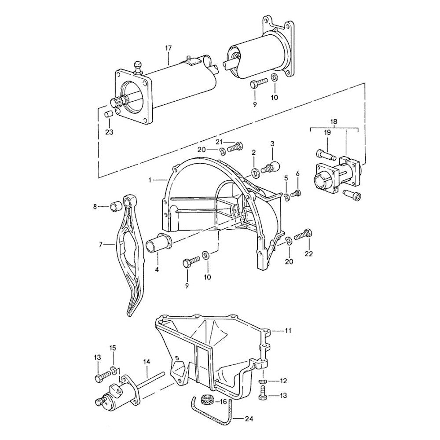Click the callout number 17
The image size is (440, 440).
coord(168,48)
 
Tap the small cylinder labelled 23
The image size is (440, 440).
coord(107,115)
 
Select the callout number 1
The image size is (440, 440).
coord(151,180)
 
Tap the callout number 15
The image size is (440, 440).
coord(113,348)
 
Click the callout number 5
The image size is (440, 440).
coord(286,178)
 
